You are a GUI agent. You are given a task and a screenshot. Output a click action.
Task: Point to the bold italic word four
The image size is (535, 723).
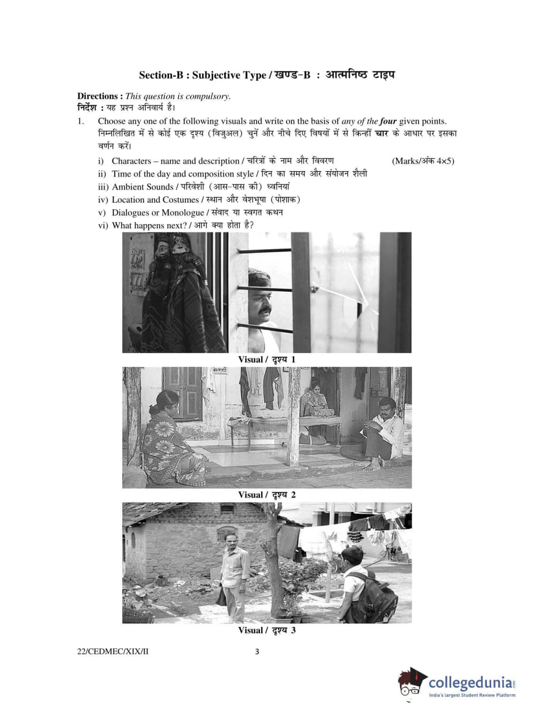(x=388, y=121)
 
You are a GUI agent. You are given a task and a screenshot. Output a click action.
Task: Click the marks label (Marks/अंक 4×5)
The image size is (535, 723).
(x=423, y=161)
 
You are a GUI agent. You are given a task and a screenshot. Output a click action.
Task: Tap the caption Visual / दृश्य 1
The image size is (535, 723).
(x=266, y=359)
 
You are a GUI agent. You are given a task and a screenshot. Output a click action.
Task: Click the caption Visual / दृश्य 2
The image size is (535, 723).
(x=266, y=495)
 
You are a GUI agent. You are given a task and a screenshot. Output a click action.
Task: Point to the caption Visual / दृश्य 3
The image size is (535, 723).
(x=266, y=630)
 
